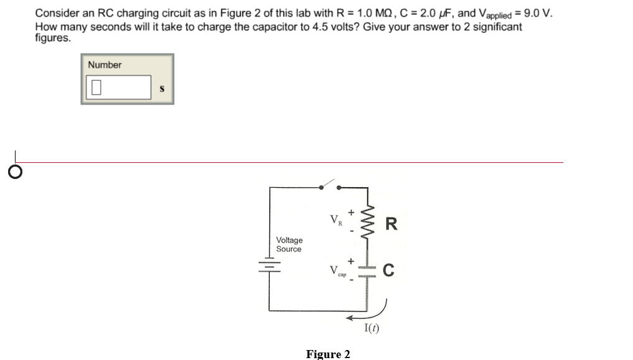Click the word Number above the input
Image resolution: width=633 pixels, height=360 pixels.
(104, 65)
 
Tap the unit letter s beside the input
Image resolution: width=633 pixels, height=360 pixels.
(162, 88)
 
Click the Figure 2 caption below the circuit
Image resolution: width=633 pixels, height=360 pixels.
(328, 354)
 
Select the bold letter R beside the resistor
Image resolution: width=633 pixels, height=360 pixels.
(390, 224)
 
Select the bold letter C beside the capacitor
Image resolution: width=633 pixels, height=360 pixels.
(389, 270)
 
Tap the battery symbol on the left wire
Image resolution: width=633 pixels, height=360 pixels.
(270, 264)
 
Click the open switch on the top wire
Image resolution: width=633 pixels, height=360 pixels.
(330, 185)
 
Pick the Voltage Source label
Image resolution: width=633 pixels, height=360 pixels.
(289, 244)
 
